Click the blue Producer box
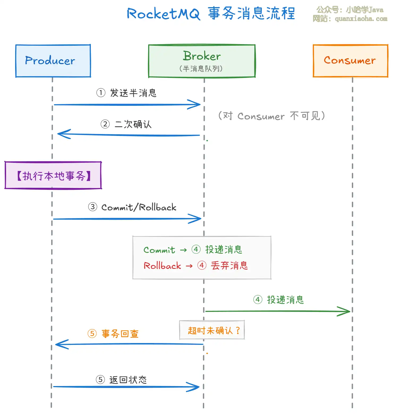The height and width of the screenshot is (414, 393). (53, 61)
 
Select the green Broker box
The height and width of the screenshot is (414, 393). (202, 61)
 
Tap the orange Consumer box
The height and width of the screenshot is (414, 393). (350, 61)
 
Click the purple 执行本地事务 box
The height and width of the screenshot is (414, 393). (53, 175)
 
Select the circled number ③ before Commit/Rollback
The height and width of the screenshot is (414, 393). (93, 207)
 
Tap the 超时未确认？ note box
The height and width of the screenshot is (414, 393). (212, 330)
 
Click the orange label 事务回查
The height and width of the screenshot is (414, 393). (120, 334)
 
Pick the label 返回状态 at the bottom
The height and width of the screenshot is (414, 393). (128, 380)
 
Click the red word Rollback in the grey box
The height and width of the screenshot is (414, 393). (162, 266)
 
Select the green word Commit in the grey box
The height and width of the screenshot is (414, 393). (159, 250)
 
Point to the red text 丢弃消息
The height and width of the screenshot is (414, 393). (229, 266)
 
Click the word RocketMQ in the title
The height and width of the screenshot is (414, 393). (163, 14)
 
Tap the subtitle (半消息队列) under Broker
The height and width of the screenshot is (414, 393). (201, 69)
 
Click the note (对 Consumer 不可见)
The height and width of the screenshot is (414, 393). (271, 116)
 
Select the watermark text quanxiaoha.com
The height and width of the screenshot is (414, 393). (361, 19)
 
